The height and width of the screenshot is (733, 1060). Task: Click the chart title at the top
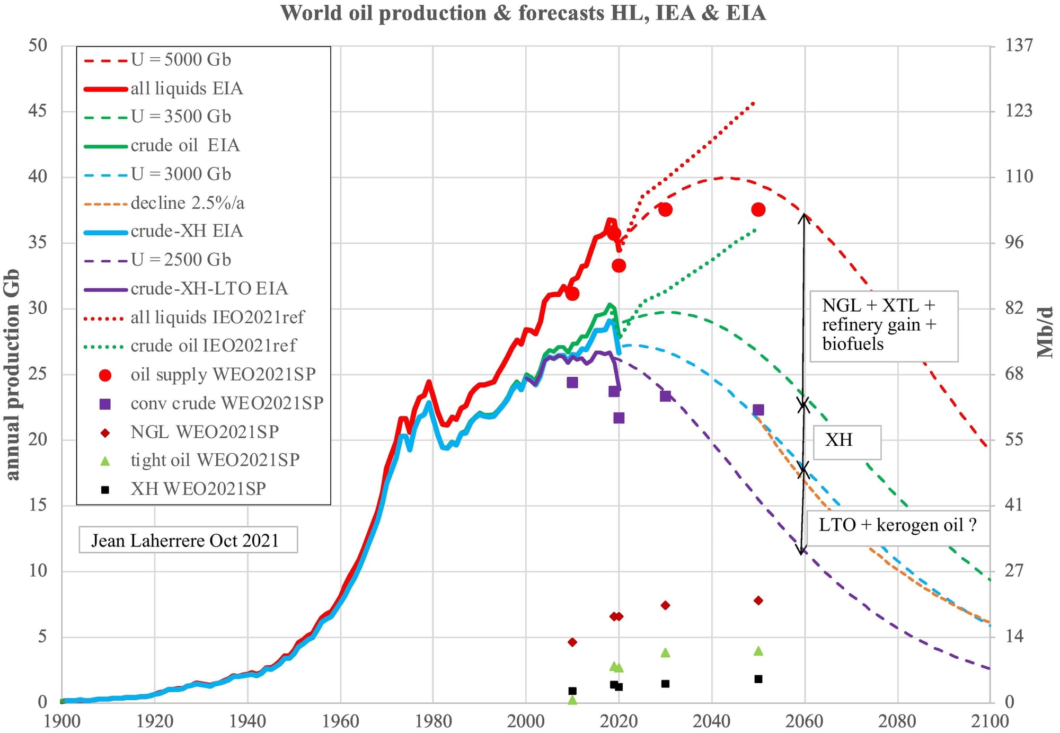click(x=523, y=13)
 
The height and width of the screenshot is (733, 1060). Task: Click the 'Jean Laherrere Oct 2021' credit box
click(x=188, y=540)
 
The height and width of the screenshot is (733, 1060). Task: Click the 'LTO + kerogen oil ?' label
click(x=897, y=525)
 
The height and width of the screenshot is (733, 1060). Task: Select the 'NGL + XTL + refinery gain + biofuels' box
click(x=883, y=325)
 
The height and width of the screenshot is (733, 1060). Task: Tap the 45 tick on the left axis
click(x=37, y=111)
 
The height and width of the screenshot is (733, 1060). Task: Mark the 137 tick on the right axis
click(x=1019, y=46)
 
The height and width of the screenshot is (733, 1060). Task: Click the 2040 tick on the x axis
click(x=712, y=721)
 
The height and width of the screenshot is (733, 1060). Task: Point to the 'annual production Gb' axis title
click(x=13, y=374)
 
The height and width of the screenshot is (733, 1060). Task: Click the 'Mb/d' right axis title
click(x=1045, y=332)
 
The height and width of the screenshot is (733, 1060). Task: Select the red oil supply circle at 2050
click(x=758, y=210)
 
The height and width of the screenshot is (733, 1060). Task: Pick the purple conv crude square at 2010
click(x=572, y=382)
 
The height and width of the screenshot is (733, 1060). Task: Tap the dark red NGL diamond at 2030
click(x=665, y=605)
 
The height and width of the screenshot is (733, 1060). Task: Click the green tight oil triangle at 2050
click(x=758, y=651)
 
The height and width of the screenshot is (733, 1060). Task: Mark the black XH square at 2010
click(x=572, y=691)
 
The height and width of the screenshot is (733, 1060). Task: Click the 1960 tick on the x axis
click(x=340, y=721)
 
